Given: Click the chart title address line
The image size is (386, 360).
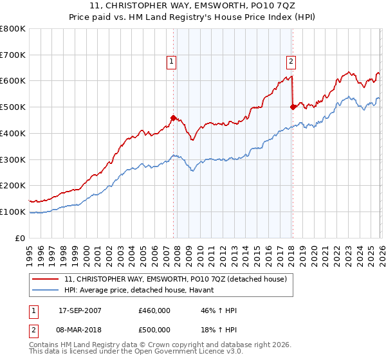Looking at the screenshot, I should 192,6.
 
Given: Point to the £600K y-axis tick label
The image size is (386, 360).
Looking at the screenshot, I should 13,81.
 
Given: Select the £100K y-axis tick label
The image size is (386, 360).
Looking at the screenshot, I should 13,212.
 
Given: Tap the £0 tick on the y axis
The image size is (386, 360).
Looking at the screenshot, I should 21,238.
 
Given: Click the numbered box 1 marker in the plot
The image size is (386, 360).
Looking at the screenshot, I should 172,62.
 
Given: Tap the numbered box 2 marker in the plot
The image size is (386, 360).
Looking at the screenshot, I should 291,62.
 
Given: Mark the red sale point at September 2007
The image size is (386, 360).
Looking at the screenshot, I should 173,118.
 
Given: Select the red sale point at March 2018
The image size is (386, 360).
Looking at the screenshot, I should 293,107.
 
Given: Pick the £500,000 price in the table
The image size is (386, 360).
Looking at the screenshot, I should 154,329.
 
